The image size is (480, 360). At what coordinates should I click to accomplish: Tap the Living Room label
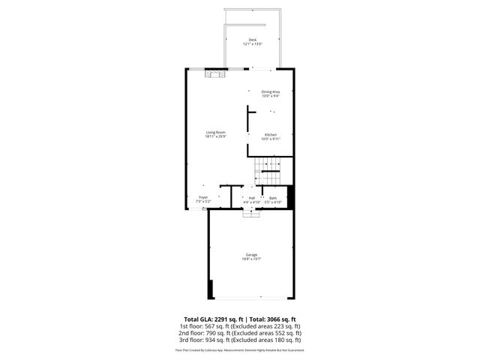(215, 132)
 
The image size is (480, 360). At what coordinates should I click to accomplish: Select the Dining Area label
(271, 91)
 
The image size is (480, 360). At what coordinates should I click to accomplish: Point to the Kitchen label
(271, 134)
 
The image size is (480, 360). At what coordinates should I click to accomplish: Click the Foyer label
(202, 198)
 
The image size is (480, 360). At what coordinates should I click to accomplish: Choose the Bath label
(273, 198)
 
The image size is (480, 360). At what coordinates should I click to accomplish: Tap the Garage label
(250, 255)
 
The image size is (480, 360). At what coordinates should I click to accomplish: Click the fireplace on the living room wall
(215, 73)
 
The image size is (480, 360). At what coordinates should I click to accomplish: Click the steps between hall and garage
(251, 213)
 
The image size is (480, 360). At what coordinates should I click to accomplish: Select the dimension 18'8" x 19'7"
(250, 259)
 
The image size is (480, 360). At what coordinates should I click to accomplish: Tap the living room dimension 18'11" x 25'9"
(215, 136)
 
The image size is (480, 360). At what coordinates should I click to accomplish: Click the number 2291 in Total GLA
(222, 319)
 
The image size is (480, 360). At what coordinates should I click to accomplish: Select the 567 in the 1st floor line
(211, 326)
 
